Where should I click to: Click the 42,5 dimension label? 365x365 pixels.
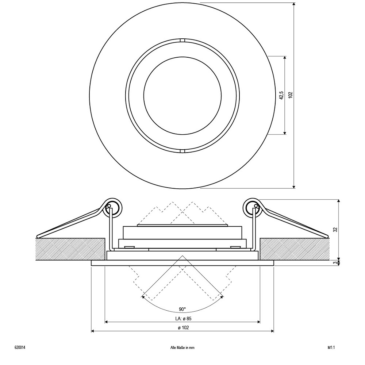click(281, 95)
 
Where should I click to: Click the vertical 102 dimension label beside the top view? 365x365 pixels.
click(290, 95)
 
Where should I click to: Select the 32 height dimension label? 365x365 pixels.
click(335, 230)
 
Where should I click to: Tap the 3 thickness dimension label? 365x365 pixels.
click(335, 262)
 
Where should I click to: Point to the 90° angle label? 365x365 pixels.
click(182, 310)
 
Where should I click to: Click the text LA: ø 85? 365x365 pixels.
click(183, 318)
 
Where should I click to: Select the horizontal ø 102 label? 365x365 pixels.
click(184, 327)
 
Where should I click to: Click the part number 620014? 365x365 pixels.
click(20, 347)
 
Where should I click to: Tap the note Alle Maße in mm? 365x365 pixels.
click(182, 347)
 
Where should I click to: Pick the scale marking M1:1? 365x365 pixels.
click(331, 347)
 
